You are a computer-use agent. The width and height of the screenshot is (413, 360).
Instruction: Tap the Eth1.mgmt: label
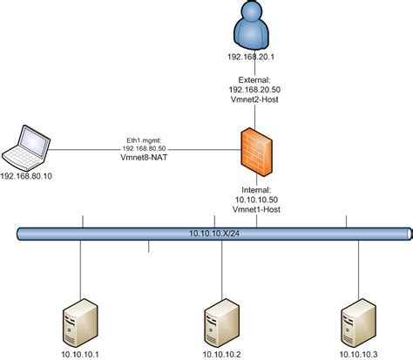coord(145,139)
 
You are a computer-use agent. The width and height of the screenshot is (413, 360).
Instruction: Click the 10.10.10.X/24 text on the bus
coord(214,234)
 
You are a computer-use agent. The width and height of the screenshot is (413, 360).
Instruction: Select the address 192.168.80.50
coord(145,149)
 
